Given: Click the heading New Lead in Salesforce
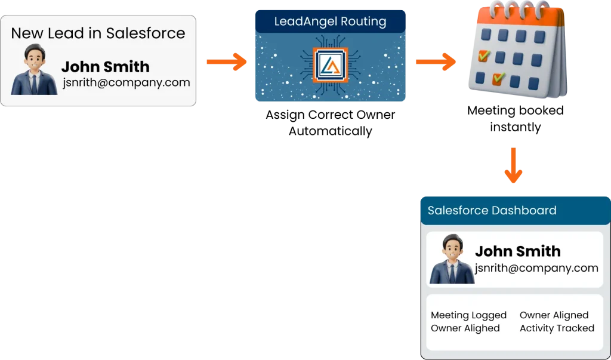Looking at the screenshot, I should tap(98, 33).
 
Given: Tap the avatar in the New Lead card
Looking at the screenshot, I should tap(33, 70).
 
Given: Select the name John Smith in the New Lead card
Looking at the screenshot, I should tap(105, 66).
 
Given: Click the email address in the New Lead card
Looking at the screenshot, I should tap(126, 82).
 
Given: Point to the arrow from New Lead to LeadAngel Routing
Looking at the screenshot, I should tap(226, 61).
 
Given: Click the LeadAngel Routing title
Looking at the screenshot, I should tap(330, 22).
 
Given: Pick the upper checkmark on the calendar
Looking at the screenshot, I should tap(484, 56).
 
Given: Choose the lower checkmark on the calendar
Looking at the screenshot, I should tap(498, 78).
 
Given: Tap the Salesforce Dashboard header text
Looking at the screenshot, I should tap(492, 211).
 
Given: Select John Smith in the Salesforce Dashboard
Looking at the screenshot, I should tap(517, 251).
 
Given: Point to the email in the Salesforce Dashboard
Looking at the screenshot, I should tap(536, 267).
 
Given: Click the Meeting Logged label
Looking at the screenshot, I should tap(468, 315).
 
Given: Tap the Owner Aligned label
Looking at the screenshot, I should tap(554, 315).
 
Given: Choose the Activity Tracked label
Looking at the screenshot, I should tap(557, 328).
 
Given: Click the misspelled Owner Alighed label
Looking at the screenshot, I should tap(465, 328).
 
